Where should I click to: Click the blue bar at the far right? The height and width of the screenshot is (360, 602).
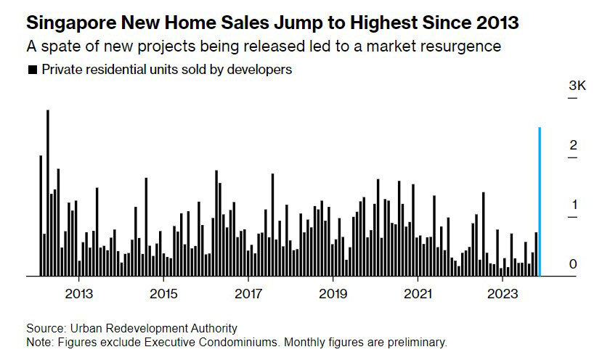539,202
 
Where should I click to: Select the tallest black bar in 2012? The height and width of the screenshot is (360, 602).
48,193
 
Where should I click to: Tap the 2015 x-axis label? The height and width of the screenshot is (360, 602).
163,294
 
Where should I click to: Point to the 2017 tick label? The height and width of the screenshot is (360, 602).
248,294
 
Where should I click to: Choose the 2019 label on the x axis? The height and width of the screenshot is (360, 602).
333,294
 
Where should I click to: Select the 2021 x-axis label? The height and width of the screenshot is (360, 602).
418,294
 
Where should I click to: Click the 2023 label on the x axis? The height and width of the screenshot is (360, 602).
502,294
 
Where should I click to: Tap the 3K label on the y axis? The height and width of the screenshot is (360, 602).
577,86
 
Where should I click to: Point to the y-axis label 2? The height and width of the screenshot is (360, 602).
573,146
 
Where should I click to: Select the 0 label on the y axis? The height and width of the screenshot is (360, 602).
573,264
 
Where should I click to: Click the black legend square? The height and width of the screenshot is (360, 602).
32,70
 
